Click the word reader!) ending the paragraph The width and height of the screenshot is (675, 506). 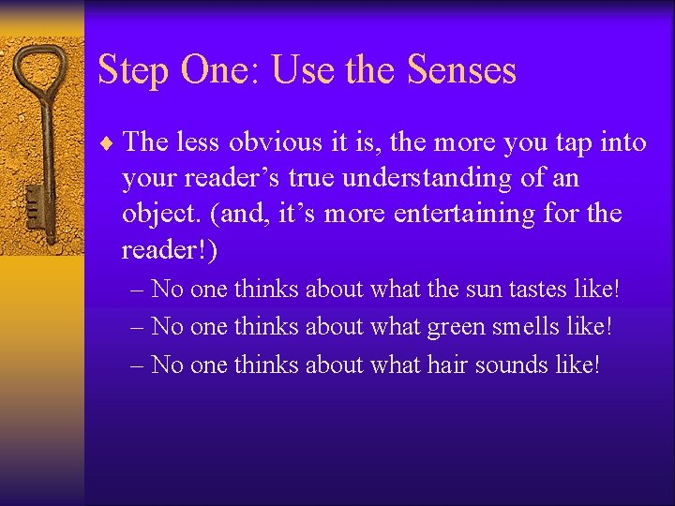click(x=169, y=249)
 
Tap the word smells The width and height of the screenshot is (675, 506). click(x=532, y=326)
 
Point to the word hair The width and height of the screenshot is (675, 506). click(x=446, y=364)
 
